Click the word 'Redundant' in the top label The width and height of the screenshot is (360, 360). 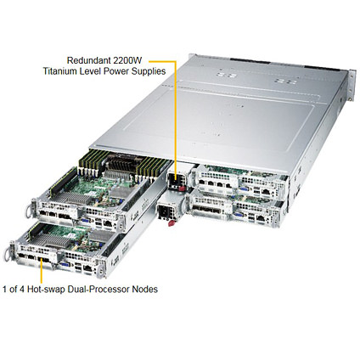(88, 60)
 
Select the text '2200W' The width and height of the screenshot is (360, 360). (127, 60)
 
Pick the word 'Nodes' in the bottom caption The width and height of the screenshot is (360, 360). (145, 290)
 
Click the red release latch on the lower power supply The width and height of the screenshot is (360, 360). (171, 223)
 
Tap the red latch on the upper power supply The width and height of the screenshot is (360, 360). (182, 188)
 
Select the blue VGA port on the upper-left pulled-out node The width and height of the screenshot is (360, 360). (85, 221)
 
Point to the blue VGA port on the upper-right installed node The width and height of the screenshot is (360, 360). (244, 189)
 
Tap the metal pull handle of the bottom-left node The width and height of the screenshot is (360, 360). (8, 253)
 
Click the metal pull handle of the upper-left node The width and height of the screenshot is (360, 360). (29, 210)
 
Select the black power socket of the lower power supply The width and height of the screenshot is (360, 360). (165, 211)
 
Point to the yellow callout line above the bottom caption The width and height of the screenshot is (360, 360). (42, 271)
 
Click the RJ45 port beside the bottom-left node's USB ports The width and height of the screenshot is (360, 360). (88, 267)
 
